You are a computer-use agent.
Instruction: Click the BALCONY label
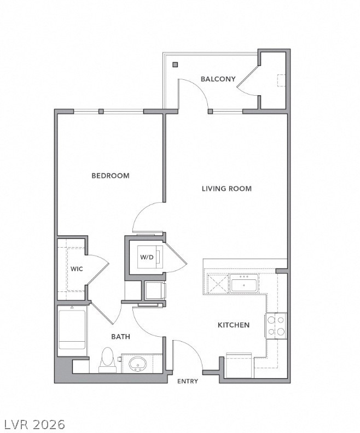coord(218,79)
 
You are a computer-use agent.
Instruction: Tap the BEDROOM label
coord(111,175)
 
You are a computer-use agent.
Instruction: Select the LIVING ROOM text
coord(227,189)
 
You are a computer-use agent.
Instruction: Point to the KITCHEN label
coord(234,325)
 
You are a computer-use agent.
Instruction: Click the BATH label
coord(120,337)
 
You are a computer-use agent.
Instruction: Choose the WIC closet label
coord(77,269)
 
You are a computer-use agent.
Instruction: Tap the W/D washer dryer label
coord(147,258)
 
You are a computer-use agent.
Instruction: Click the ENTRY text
coord(188,382)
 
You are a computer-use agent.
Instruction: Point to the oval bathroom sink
coord(137,364)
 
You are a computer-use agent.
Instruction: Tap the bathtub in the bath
coord(72,330)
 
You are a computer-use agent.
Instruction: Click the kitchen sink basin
coord(244,285)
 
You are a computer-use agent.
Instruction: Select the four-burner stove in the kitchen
coord(276,326)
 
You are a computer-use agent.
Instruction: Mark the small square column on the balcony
coord(175,65)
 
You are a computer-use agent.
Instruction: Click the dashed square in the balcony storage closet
coord(281,80)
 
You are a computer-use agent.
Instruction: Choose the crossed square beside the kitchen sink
coord(218,283)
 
